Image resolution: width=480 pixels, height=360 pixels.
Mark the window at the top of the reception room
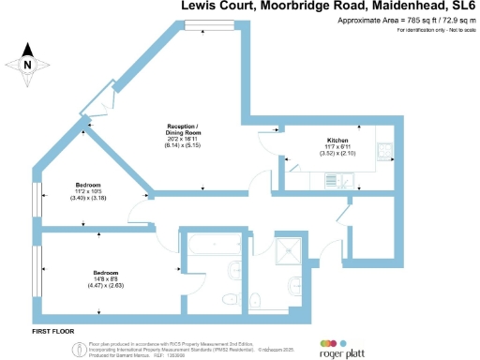pyautogui.click(x=204, y=25)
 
